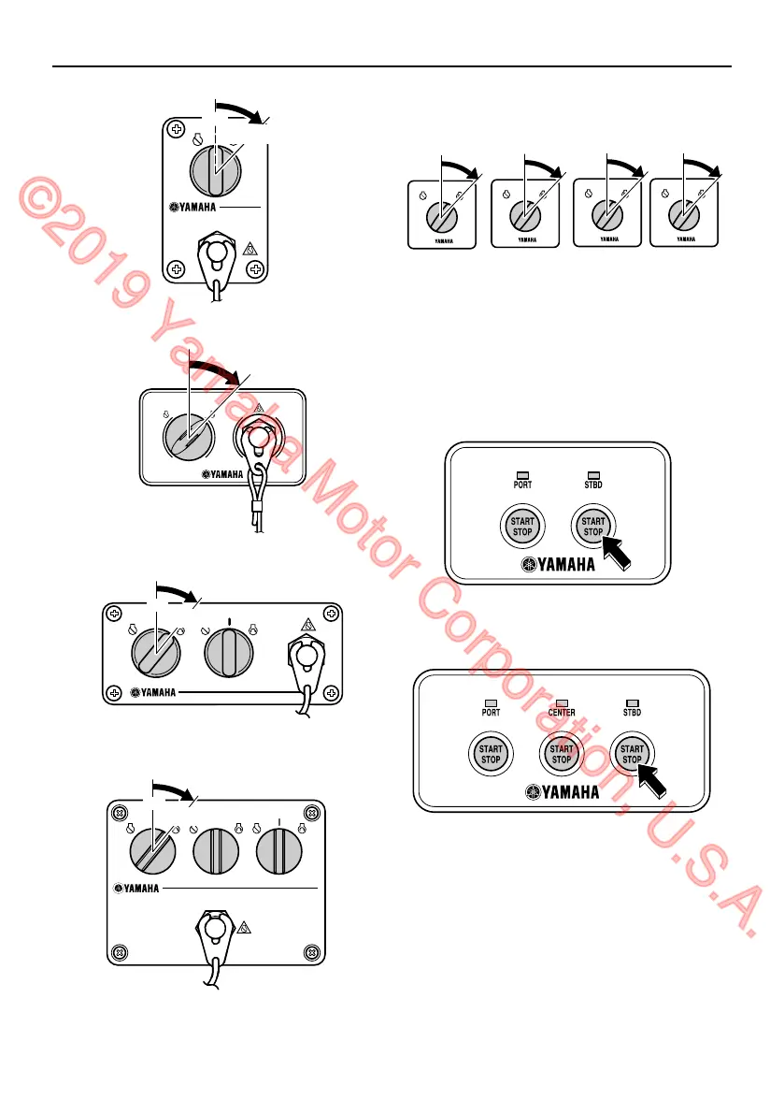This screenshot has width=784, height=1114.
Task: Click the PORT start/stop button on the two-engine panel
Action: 521,527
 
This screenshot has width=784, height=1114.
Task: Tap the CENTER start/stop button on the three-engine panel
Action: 561,754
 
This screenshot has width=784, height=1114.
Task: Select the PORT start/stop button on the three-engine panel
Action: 490,754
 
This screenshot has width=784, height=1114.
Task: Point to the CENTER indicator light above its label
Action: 561,701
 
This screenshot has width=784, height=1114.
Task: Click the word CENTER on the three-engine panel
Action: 561,713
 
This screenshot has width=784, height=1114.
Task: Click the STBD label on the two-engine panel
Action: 592,485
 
